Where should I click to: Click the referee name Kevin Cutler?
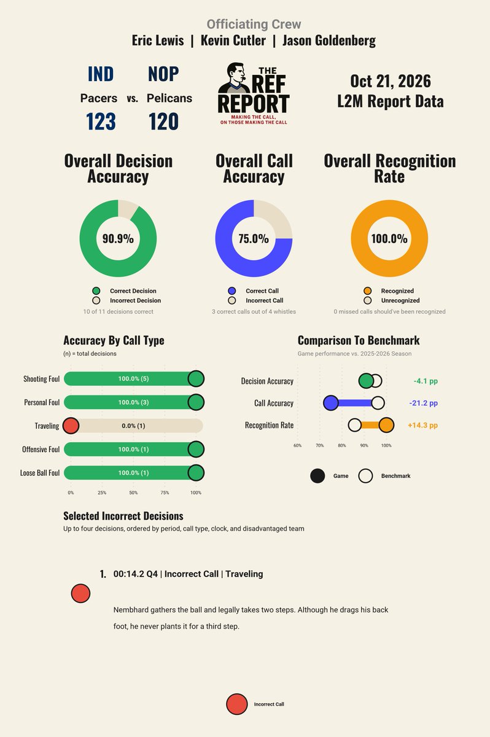(233, 41)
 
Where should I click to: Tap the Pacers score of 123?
(101, 122)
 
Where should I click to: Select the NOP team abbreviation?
(163, 74)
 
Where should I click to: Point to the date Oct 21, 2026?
(391, 81)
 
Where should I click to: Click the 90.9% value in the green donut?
(118, 238)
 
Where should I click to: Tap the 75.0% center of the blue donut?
(254, 238)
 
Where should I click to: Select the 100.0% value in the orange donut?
(389, 238)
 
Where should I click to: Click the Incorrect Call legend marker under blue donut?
(232, 300)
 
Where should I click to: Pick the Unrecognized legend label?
(400, 300)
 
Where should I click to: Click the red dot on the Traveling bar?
(71, 426)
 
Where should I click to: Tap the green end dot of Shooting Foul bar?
(196, 379)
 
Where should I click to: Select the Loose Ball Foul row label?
(40, 473)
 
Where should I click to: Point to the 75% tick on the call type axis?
(165, 493)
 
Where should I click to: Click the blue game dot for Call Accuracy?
(331, 403)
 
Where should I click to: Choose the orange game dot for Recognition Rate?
(386, 425)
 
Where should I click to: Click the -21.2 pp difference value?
(423, 403)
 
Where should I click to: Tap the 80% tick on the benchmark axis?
(342, 445)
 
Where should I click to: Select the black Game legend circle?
(317, 476)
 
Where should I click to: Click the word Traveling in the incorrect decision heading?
(244, 574)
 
